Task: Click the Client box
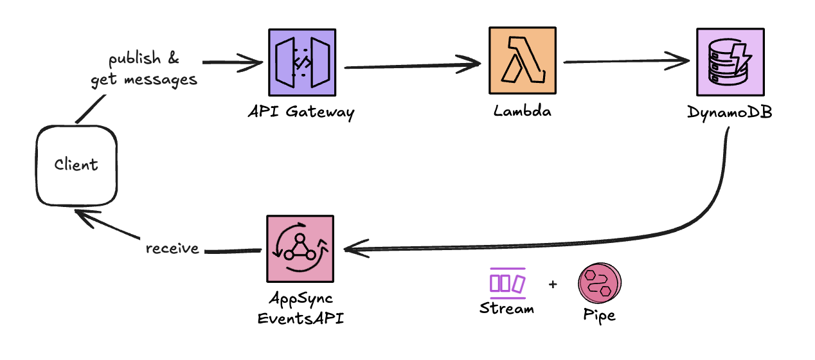tap(76, 165)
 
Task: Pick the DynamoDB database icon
tap(731, 62)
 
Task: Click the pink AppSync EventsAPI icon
tap(300, 249)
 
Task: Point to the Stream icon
tap(507, 282)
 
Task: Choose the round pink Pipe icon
tap(600, 283)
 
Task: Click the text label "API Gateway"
tap(301, 113)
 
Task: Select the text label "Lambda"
tap(522, 111)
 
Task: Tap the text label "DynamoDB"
tap(729, 113)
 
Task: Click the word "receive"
tap(172, 248)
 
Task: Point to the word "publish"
tap(135, 60)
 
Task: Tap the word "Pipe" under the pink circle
tap(599, 316)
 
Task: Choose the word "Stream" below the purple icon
tap(506, 309)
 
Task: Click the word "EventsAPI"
tap(300, 318)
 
